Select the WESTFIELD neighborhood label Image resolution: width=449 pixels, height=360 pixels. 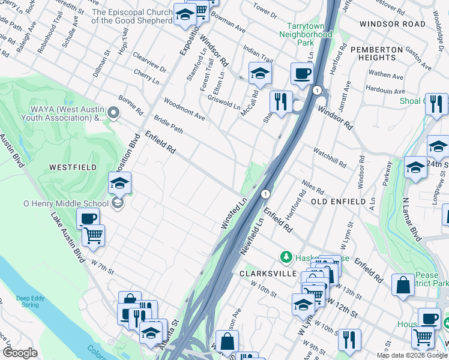point(73,167)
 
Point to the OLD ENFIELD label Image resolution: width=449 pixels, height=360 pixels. point(339,202)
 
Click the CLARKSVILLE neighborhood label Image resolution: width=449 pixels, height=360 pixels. point(269,273)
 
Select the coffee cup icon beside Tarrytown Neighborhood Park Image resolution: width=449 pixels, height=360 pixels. point(302,73)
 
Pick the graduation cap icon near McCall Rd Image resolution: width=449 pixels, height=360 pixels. point(260,73)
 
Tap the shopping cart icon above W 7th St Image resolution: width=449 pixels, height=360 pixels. point(93,235)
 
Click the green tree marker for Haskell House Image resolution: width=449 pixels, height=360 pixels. point(286,257)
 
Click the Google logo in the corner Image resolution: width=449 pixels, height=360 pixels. point(20,353)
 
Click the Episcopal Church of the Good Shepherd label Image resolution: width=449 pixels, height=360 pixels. point(131,16)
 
